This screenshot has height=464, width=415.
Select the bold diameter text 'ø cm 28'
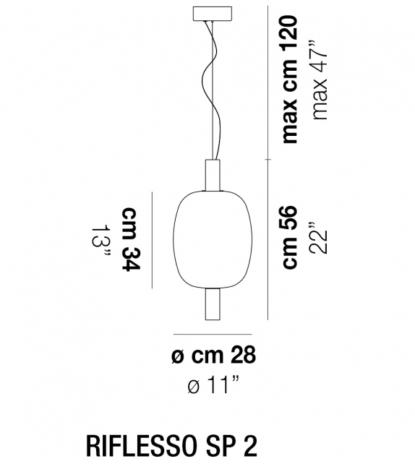coord(214,356)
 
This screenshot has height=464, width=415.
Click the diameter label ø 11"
coord(214,386)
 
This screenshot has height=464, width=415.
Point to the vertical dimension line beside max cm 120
coord(268,80)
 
